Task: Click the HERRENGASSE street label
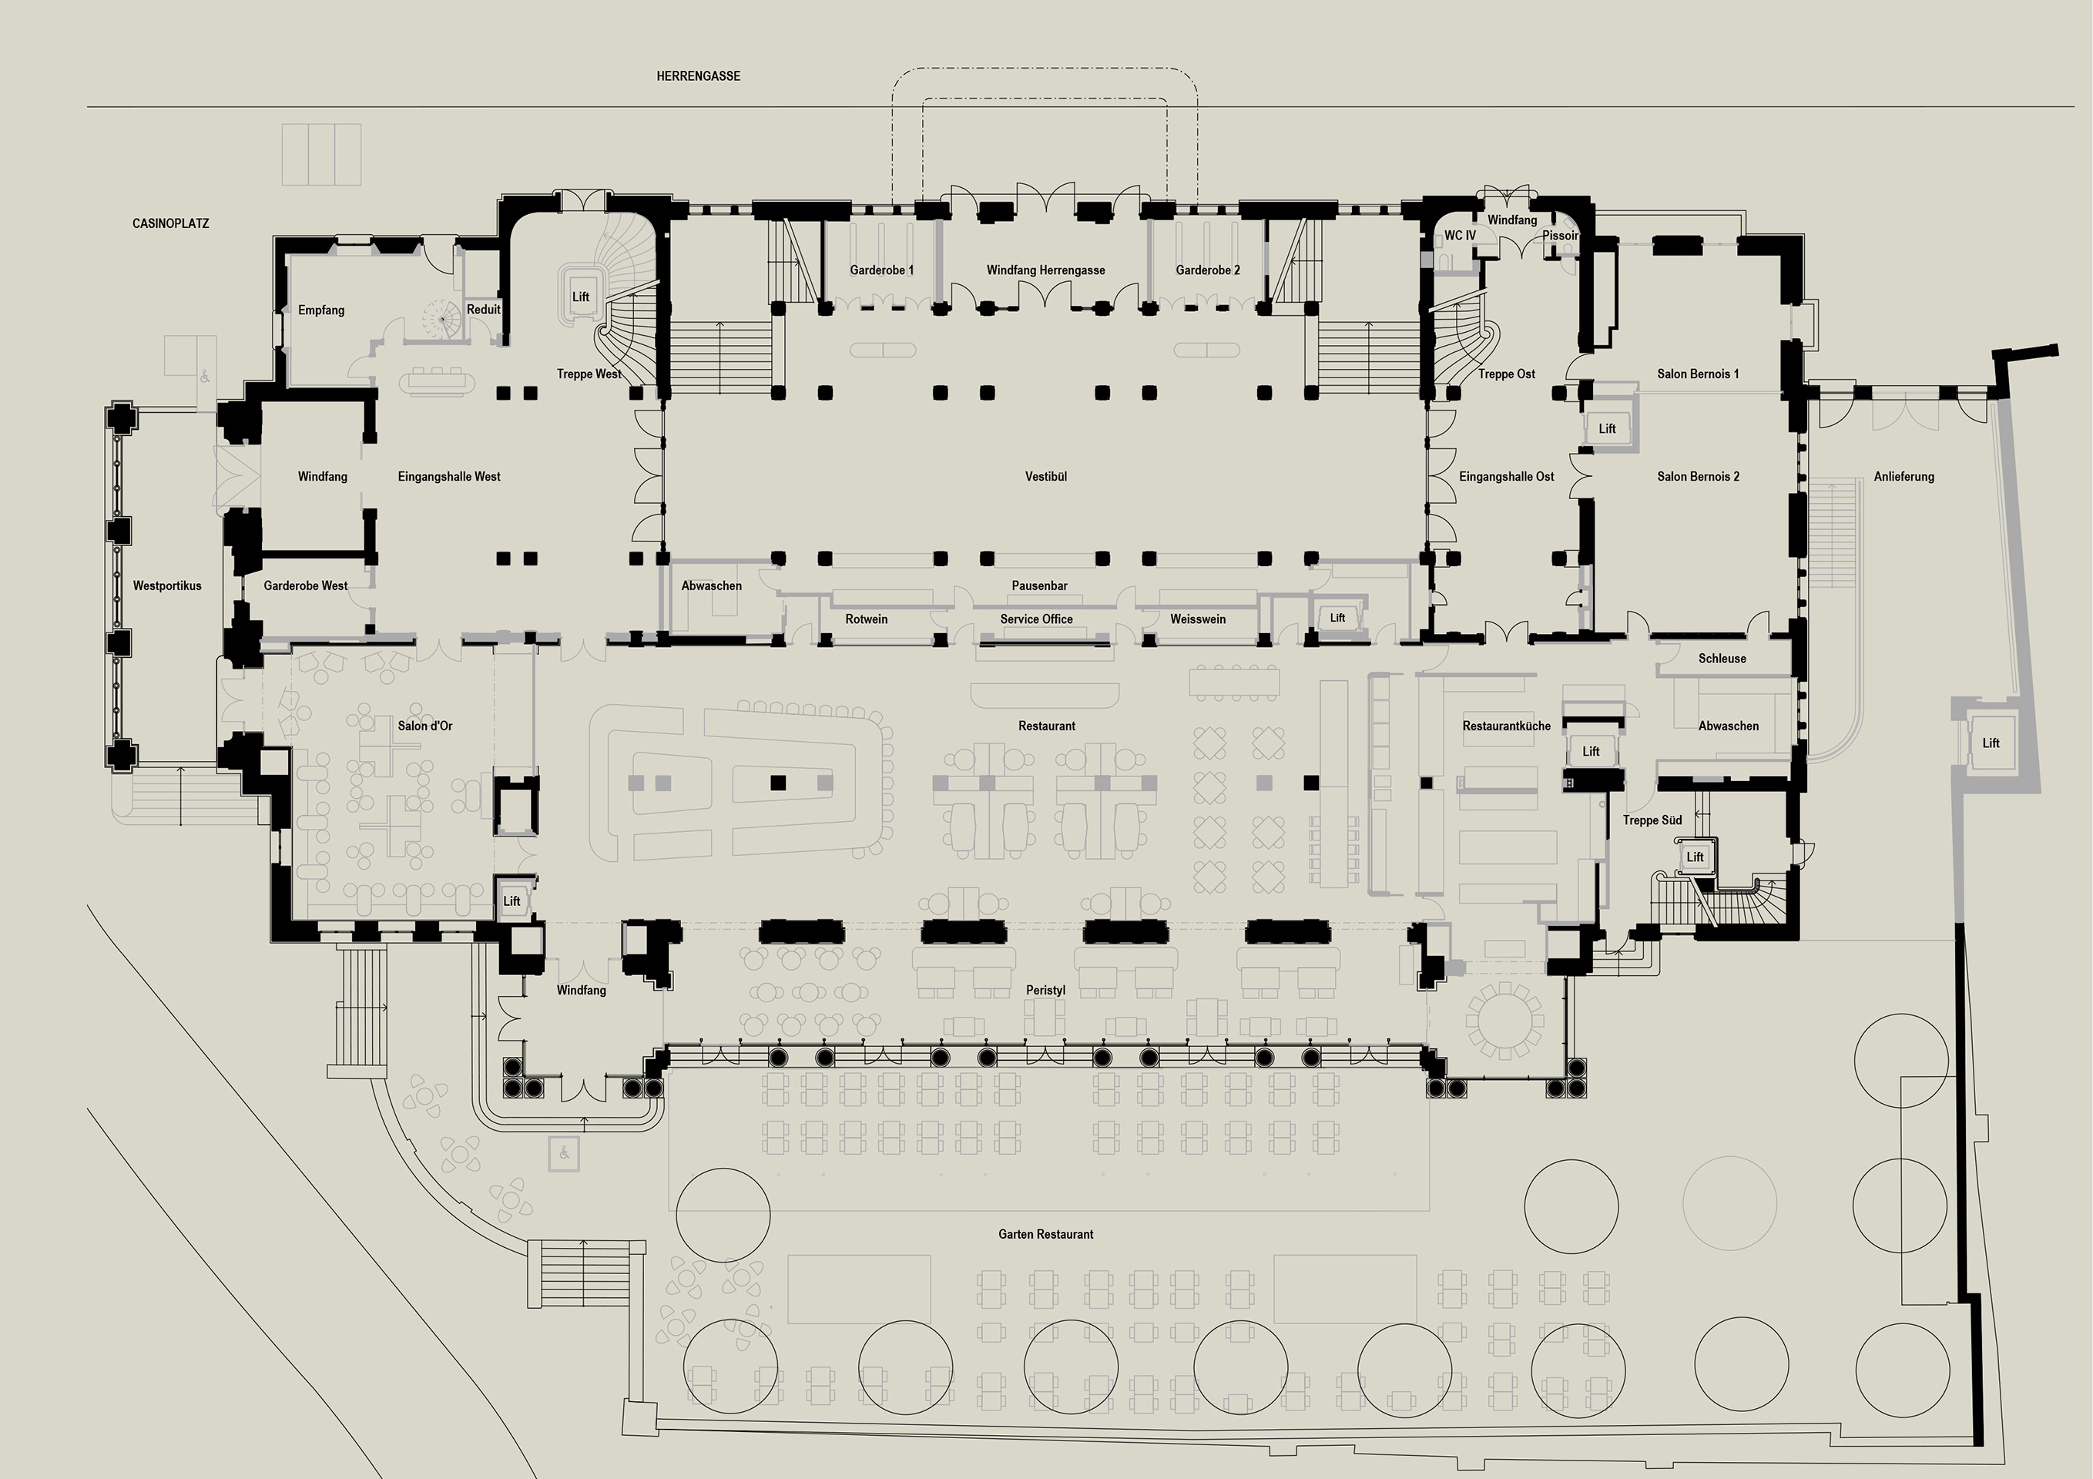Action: point(698,76)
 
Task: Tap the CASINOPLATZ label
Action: point(170,223)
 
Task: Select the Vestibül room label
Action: point(1045,477)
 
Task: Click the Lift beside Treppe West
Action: point(581,297)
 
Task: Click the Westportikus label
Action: point(167,586)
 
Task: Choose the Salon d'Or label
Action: point(424,726)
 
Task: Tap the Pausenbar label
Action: point(1039,586)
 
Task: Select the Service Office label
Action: point(1036,619)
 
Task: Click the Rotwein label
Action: point(866,619)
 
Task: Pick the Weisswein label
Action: point(1198,619)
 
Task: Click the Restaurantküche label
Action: point(1506,726)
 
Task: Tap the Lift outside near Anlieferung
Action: point(1991,744)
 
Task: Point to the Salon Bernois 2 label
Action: point(1697,477)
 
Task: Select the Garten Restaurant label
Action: point(1045,1235)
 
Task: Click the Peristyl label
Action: point(1045,991)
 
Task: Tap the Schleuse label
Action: point(1722,659)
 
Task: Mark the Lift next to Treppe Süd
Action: point(1695,857)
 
